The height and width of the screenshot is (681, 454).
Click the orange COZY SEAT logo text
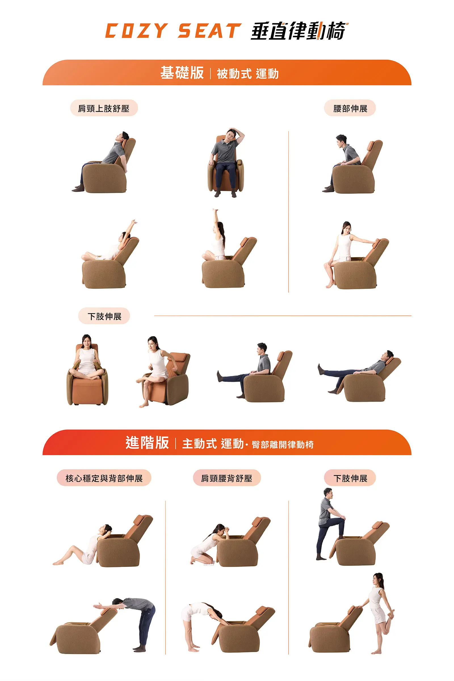173,31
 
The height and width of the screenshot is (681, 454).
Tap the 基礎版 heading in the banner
182,73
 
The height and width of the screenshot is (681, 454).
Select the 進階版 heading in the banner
147,443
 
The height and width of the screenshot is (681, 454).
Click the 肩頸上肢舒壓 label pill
104,108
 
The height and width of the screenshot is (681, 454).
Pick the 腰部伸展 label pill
350,108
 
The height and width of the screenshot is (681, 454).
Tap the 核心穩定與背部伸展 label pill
104,478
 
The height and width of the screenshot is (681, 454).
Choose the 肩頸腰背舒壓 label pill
227,478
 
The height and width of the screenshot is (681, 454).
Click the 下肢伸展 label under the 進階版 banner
350,478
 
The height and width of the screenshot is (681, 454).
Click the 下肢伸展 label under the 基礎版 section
104,316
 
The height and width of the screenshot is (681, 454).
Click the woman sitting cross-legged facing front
87,358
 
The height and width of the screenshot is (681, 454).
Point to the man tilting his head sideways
227,162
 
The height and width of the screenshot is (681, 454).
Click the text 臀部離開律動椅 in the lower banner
283,444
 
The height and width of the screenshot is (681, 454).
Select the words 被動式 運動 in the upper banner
248,74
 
